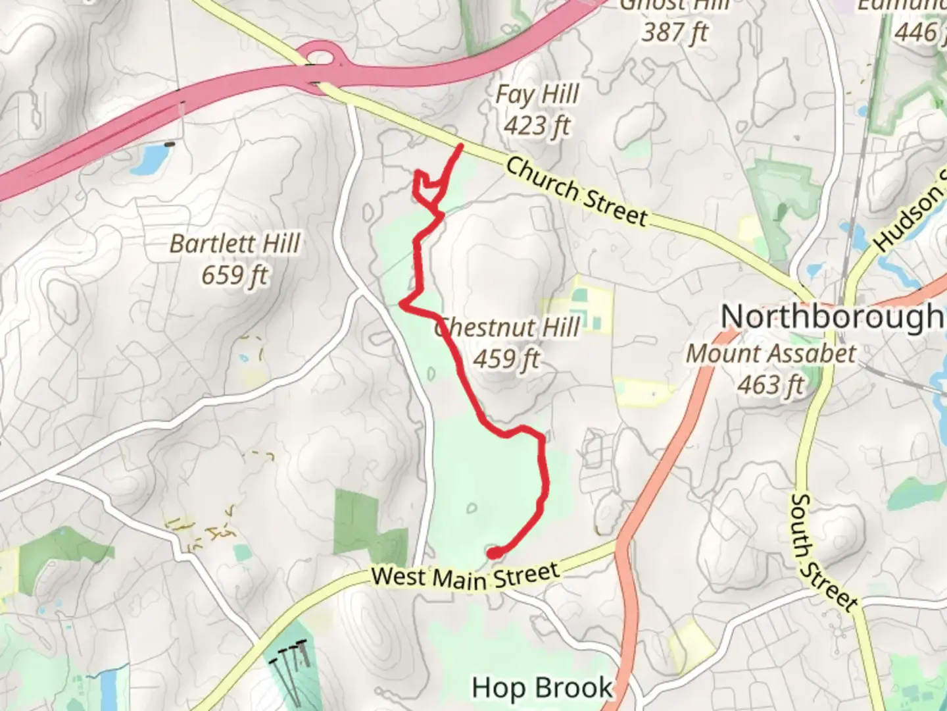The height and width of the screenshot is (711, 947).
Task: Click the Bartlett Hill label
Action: pyautogui.click(x=235, y=244)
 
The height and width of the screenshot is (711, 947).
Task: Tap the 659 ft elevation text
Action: pyautogui.click(x=235, y=275)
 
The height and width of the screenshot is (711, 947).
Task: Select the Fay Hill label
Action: pyautogui.click(x=537, y=95)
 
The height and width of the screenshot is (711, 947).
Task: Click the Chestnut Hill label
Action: pyautogui.click(x=508, y=327)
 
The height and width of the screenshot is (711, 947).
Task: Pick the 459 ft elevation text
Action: pyautogui.click(x=506, y=359)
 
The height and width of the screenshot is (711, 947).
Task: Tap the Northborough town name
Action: pyautogui.click(x=832, y=317)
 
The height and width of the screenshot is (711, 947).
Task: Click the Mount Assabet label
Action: pyautogui.click(x=771, y=354)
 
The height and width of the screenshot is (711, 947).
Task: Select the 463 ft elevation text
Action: pyautogui.click(x=771, y=385)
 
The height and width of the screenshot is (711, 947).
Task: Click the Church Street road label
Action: pyautogui.click(x=576, y=192)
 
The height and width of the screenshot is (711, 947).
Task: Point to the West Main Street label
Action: pyautogui.click(x=465, y=577)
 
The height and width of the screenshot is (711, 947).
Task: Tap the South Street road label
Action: pyautogui.click(x=822, y=552)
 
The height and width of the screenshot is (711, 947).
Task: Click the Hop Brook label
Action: pyautogui.click(x=542, y=688)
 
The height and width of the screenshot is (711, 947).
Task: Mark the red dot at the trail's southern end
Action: pyautogui.click(x=493, y=553)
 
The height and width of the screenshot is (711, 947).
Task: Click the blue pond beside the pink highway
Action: pyautogui.click(x=149, y=159)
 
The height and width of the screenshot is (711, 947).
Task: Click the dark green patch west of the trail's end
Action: pyautogui.click(x=358, y=523)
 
